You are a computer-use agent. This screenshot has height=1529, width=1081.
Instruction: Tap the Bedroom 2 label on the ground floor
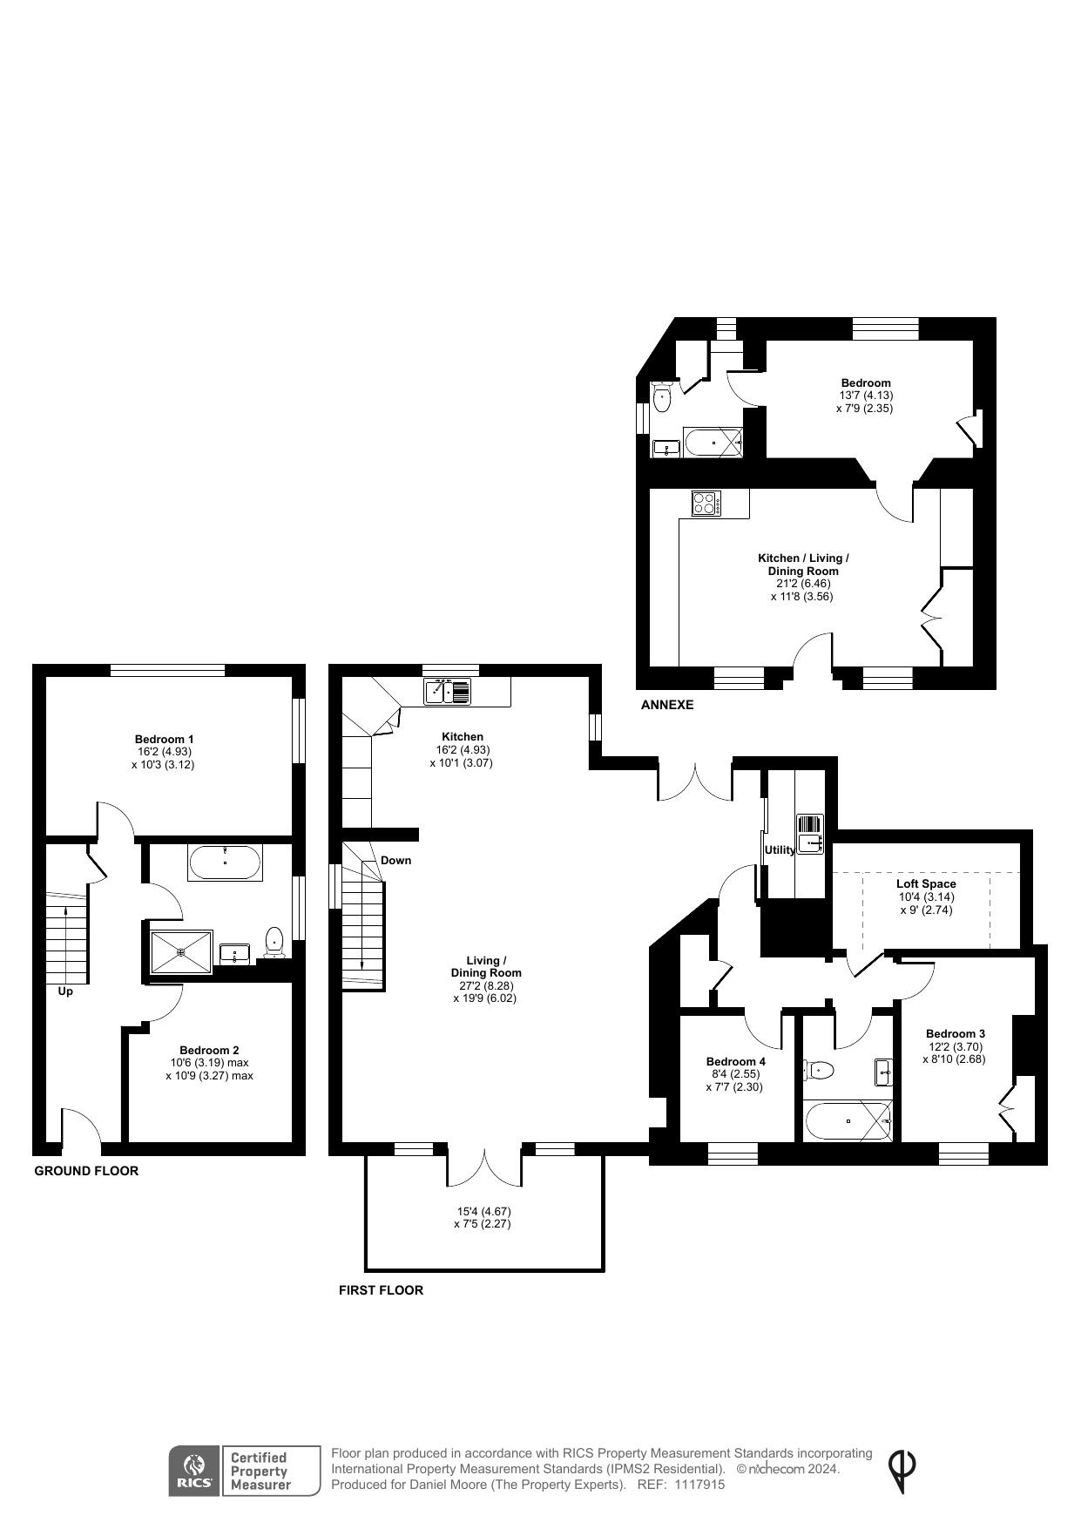point(209,1050)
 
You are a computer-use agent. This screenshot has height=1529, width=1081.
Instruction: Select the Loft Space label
point(926,883)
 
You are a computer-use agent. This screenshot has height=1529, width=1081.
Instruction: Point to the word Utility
point(780,849)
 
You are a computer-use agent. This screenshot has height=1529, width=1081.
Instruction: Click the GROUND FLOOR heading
point(86,1171)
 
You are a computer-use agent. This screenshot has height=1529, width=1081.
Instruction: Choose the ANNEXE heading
point(667,705)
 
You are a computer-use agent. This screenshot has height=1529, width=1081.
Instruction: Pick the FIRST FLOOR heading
point(381,1290)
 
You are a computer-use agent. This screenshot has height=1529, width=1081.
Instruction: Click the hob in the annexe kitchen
point(706,503)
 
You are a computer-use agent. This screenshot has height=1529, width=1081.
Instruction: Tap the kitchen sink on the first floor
point(448,691)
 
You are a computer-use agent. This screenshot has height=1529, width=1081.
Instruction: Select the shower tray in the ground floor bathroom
point(181,952)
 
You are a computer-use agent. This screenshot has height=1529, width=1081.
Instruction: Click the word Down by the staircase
point(395,860)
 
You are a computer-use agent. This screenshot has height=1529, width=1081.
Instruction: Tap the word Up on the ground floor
point(65,991)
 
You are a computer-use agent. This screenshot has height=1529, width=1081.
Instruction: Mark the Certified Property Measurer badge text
point(258,1471)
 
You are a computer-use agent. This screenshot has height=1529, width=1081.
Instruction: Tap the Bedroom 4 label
point(736,1061)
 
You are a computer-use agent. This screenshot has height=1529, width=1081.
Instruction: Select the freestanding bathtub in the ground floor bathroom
point(224,863)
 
